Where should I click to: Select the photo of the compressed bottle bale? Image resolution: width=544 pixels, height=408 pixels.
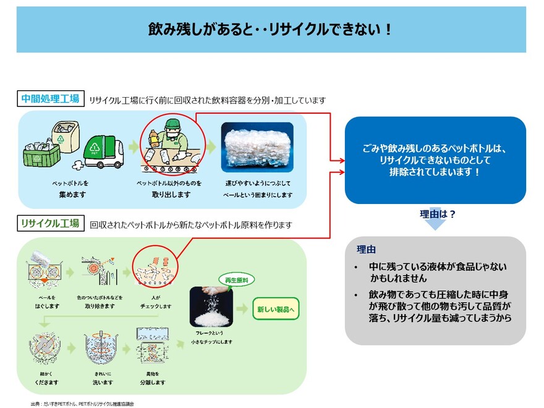pos(257,147)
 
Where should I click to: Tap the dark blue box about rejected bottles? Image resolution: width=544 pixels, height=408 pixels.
pos(435,160)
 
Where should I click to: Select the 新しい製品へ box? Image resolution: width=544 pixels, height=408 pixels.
pos(276,308)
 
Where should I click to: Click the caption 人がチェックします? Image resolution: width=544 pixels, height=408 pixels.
pos(155,302)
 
